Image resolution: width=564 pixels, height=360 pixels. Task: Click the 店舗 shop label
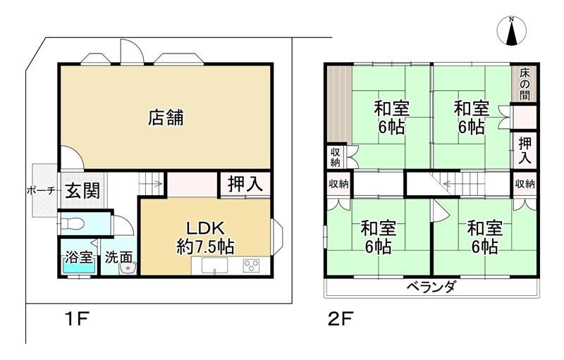pyautogui.click(x=166, y=118)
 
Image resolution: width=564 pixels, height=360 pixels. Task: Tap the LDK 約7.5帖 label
pyautogui.click(x=205, y=237)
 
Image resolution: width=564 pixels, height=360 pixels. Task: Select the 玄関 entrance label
pyautogui.click(x=82, y=190)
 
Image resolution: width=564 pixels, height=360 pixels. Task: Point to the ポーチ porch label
pyautogui.click(x=41, y=191)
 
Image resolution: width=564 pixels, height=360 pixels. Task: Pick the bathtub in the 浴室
pyautogui.click(x=79, y=268)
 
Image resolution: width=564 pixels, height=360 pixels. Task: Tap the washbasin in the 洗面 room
pyautogui.click(x=127, y=268)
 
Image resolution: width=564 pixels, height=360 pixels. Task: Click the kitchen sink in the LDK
pyautogui.click(x=214, y=266)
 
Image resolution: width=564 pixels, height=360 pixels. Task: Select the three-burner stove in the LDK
pyautogui.click(x=251, y=266)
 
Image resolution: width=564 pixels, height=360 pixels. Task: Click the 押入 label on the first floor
pyautogui.click(x=246, y=184)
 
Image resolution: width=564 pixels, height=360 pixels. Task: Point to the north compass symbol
pyautogui.click(x=511, y=31)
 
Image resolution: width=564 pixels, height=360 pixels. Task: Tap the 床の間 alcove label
pyautogui.click(x=525, y=85)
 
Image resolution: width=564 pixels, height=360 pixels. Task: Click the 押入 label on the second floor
pyautogui.click(x=525, y=151)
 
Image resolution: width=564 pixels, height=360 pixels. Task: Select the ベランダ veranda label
pyautogui.click(x=431, y=287)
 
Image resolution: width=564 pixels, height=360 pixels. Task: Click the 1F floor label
pyautogui.click(x=77, y=318)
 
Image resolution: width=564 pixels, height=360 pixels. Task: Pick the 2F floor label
pyautogui.click(x=341, y=318)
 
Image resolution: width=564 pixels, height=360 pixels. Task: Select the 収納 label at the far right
pyautogui.click(x=525, y=184)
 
